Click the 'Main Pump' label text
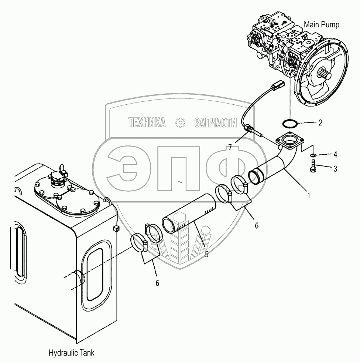point(321,25)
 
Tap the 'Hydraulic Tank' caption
point(71,353)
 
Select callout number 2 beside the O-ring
point(320,123)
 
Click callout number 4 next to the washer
point(335,154)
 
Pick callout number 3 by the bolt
point(335,169)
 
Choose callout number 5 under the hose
point(206,255)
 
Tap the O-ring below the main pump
point(290,123)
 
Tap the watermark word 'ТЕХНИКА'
point(147,122)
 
